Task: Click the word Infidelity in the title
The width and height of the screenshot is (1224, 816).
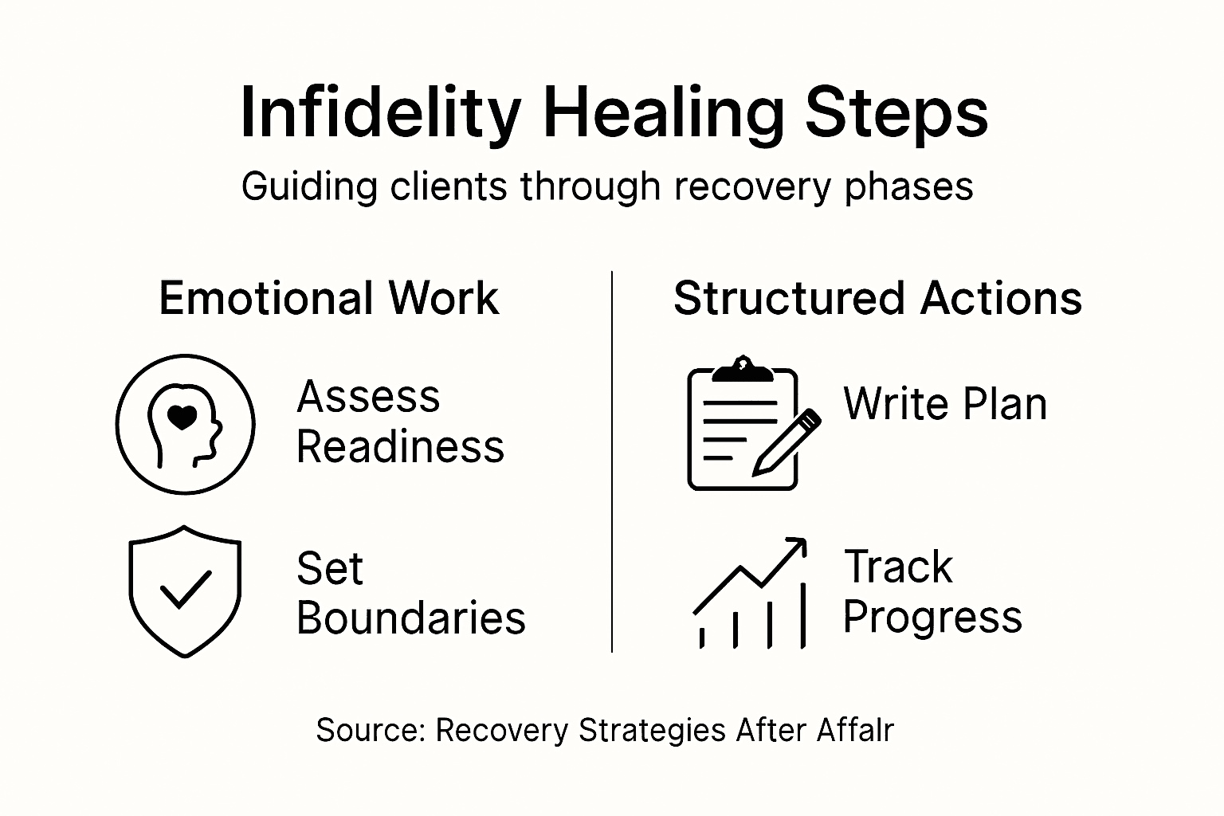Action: point(380,114)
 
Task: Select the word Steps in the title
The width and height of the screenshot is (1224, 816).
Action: point(896,114)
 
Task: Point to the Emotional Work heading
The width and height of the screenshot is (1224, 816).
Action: point(328,299)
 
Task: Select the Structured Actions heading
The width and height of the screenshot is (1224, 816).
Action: point(877,299)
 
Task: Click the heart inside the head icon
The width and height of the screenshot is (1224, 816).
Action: point(183,417)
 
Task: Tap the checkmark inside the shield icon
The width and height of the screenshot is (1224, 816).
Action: point(185,590)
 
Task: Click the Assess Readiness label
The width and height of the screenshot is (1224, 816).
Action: point(400,422)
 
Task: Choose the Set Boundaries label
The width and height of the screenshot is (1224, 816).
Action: point(410,594)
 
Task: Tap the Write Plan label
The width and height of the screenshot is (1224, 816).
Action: point(945,403)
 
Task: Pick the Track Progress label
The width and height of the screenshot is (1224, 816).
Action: point(932,592)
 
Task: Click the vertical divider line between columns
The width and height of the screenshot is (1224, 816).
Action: point(612,462)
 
